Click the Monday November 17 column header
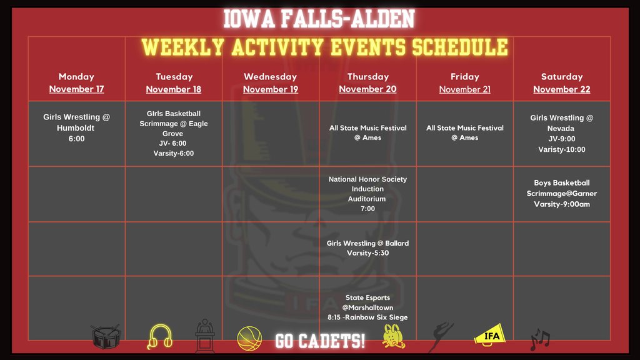76,82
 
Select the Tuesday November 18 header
174,82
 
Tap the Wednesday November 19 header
271,82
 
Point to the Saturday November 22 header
561,82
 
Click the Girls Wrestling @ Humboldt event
76,127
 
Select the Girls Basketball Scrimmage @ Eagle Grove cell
174,133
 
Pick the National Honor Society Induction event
367,194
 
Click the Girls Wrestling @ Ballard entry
367,248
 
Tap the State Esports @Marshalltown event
367,307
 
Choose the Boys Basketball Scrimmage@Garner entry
561,193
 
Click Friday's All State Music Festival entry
464,132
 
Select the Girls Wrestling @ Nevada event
561,133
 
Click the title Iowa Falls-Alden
319,19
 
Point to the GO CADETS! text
320,341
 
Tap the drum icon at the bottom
105,337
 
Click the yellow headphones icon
159,337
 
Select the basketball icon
249,339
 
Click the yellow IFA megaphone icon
491,335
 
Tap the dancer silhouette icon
442,337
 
